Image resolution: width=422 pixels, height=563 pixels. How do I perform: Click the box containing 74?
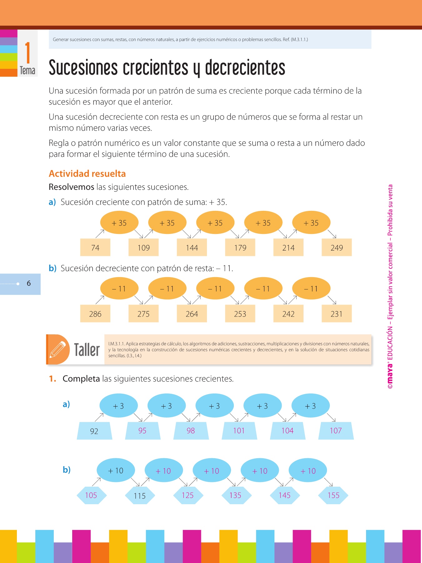point(95,247)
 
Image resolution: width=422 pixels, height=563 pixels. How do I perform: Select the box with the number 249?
point(337,247)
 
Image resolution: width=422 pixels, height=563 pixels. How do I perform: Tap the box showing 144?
point(192,247)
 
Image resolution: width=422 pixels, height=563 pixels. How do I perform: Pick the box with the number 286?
point(95,314)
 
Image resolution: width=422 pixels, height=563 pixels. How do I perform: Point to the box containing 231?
point(337,314)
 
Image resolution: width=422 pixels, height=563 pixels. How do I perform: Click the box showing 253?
point(240,314)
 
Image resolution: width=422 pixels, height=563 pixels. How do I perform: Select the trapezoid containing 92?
point(94,431)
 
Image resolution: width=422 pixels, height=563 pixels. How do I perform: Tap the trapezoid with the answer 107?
point(336,431)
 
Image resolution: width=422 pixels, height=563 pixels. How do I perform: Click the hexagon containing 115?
point(140,495)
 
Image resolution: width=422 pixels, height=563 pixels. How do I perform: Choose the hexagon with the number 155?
point(333,495)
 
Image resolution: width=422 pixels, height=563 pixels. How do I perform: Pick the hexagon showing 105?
point(91,495)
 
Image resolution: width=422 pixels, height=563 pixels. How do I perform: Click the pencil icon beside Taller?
point(58,349)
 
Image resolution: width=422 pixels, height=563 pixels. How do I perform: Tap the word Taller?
point(87,350)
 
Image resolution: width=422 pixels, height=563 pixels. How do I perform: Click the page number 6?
point(29,283)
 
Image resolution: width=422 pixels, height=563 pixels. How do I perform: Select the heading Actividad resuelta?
point(87,174)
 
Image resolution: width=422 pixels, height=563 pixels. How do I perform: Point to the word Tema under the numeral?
point(28,71)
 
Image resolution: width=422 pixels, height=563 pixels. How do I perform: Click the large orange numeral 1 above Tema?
point(28,53)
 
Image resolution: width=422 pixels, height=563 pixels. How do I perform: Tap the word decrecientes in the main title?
point(245,68)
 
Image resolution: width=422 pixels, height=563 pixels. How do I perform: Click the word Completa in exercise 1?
point(81,379)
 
